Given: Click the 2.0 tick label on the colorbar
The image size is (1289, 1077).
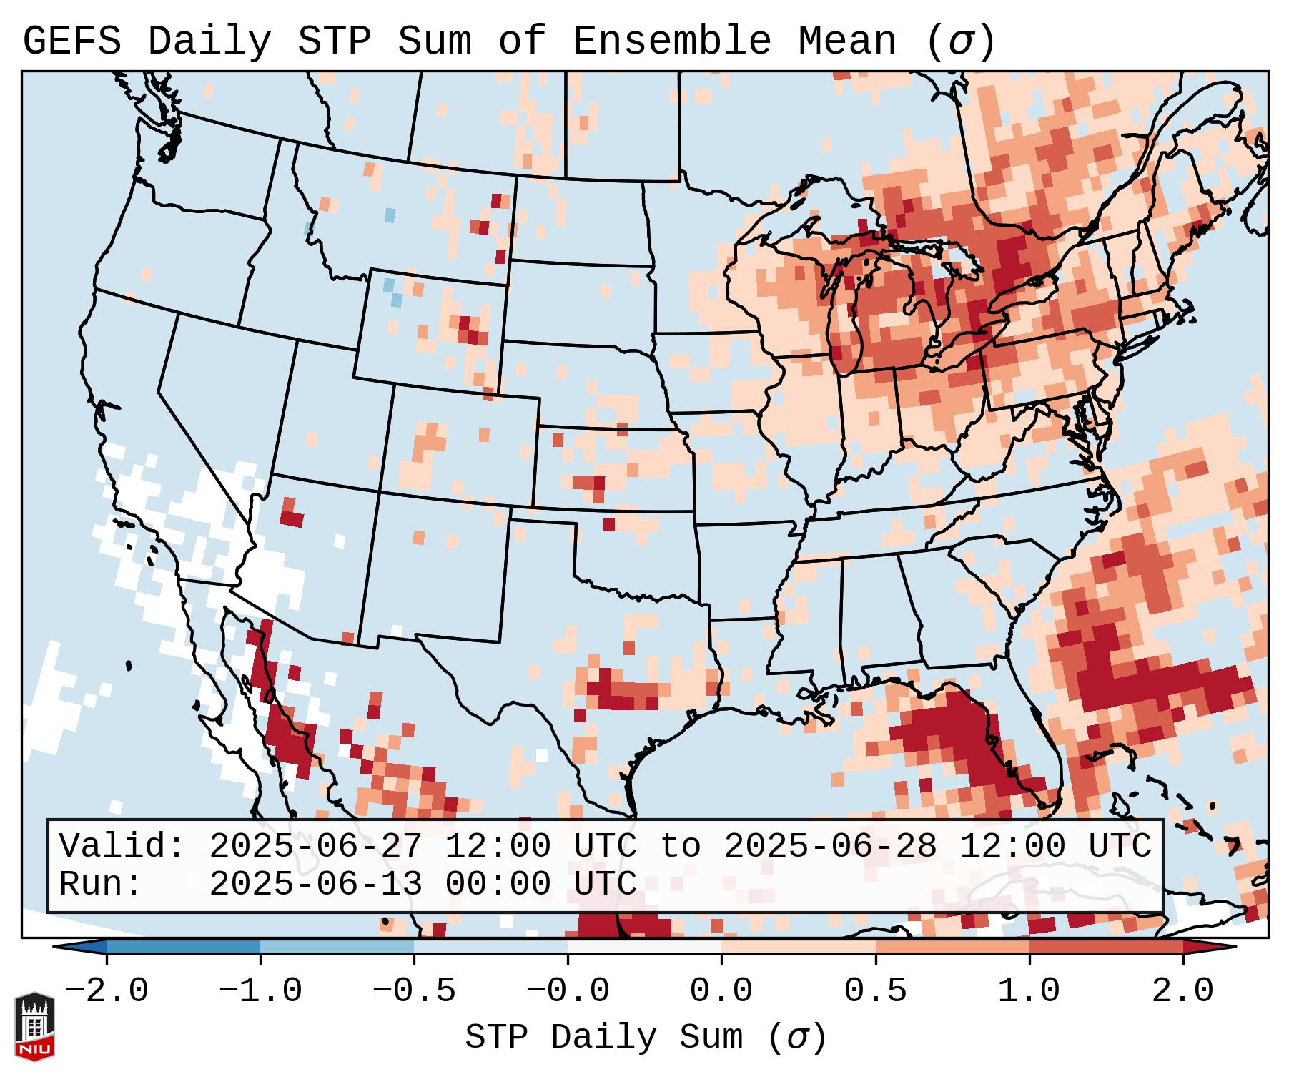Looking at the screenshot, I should point(1182,991).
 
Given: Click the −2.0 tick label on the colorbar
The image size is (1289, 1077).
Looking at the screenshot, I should point(107,991).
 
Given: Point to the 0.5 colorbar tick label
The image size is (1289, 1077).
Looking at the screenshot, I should point(875,991).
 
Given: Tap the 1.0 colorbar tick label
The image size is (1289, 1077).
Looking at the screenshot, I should point(1029,991).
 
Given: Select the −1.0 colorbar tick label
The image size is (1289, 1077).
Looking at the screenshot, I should point(260,991).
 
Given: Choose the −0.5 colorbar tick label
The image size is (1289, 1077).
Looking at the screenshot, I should point(414,991).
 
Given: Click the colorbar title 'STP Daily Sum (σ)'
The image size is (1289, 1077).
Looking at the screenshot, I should point(646,1038).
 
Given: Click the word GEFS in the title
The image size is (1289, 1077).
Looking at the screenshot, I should point(72,41).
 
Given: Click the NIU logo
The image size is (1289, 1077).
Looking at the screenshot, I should point(34,1026).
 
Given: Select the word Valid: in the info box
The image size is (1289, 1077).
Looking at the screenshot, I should point(122,846).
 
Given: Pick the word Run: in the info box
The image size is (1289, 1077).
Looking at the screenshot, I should point(101,884).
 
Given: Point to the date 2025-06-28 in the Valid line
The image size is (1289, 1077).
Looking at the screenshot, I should point(830,846).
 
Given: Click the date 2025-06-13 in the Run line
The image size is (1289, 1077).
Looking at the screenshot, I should point(315,884).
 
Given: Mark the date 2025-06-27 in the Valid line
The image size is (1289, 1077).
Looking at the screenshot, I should point(315,846).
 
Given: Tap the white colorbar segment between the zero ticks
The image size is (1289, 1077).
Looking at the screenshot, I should point(644,947).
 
